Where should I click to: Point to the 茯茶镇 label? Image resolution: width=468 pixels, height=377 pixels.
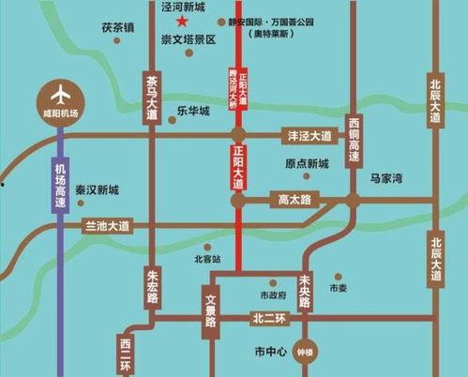click(119, 27)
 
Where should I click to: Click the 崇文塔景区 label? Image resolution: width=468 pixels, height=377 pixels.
click(189, 40)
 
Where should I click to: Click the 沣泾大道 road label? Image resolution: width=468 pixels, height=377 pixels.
click(308, 136)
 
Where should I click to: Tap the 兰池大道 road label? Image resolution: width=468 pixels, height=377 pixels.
click(108, 226)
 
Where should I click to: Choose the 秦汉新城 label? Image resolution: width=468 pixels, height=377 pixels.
click(98, 189)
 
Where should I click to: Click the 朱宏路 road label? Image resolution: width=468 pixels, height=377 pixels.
click(153, 283)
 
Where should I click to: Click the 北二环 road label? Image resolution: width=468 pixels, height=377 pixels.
click(266, 319)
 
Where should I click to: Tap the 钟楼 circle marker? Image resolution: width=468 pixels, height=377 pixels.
click(302, 354)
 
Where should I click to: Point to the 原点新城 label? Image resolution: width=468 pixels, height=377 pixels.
click(307, 164)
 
